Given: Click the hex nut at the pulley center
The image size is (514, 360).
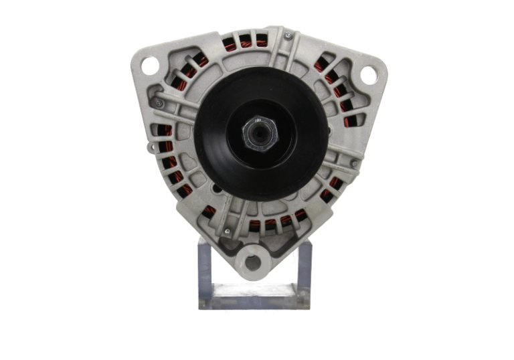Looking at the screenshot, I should [x=258, y=132].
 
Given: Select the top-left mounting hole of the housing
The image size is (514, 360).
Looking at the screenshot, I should [x=149, y=66].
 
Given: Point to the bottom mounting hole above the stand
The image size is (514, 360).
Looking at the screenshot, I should [x=252, y=260].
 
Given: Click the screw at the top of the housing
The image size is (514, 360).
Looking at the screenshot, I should [x=287, y=35].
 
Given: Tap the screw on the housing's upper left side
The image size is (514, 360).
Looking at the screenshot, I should [x=159, y=104].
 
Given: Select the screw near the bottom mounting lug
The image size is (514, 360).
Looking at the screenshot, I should [x=227, y=232].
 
